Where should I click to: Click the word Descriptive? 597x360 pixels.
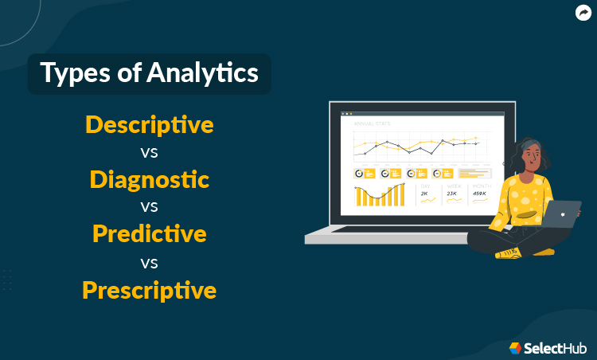(x=149, y=125)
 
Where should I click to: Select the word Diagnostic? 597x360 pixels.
(x=149, y=179)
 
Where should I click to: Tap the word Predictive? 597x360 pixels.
(x=149, y=234)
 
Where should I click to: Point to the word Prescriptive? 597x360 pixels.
(x=149, y=289)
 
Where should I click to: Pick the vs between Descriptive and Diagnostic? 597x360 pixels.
(x=149, y=151)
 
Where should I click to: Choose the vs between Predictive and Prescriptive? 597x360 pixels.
(x=149, y=261)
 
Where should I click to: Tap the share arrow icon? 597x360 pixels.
(x=583, y=13)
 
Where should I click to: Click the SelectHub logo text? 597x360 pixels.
(x=556, y=347)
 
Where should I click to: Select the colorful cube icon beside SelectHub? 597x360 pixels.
(x=516, y=347)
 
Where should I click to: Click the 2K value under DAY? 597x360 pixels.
(x=424, y=194)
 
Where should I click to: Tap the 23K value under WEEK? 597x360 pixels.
(x=451, y=194)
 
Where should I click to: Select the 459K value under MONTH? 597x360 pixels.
(x=479, y=194)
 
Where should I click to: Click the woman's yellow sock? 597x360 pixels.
(x=507, y=255)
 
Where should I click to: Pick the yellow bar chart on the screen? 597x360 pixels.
(x=379, y=195)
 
